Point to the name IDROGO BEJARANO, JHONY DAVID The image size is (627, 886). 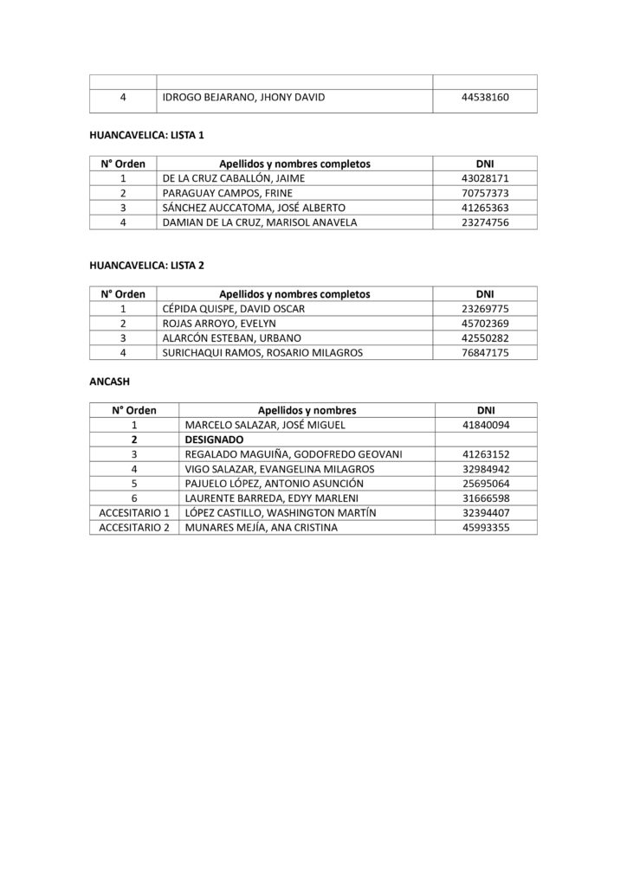(x=243, y=98)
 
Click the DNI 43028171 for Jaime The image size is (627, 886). (x=485, y=177)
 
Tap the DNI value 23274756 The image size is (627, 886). (x=485, y=222)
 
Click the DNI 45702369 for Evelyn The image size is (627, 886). (x=485, y=323)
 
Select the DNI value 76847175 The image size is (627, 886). (x=485, y=352)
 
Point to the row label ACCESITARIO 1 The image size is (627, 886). (x=134, y=512)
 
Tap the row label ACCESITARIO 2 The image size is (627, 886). (x=134, y=527)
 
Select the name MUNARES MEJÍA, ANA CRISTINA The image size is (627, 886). (x=262, y=527)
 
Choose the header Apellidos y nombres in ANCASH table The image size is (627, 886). (x=307, y=410)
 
